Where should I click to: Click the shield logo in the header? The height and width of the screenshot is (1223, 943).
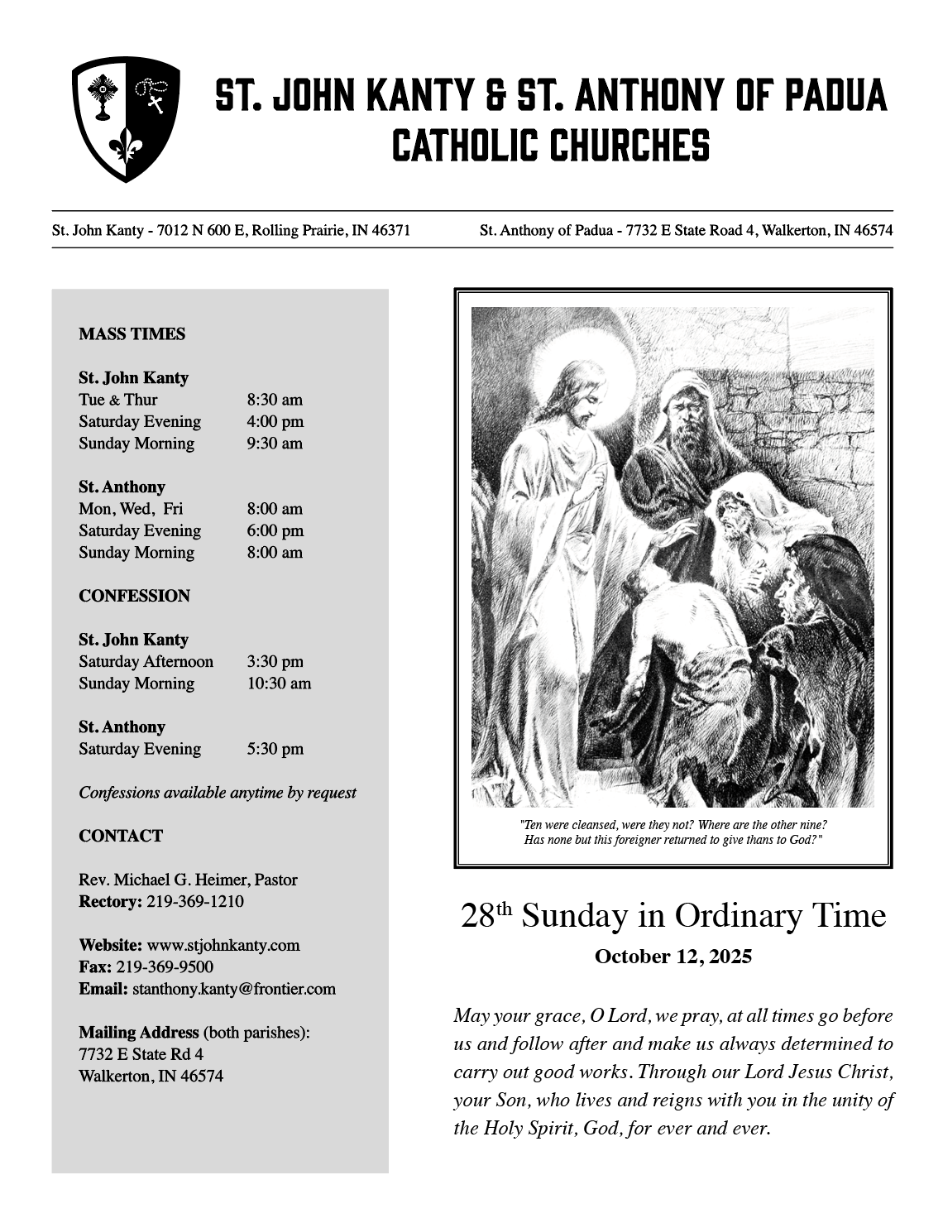tap(126, 119)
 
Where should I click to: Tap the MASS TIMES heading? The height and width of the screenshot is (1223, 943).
tap(132, 334)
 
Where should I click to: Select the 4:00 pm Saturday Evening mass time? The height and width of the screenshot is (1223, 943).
tap(275, 421)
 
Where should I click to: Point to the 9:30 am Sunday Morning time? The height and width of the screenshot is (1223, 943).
tap(275, 444)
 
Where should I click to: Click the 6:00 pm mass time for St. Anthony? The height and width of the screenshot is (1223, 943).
tap(275, 530)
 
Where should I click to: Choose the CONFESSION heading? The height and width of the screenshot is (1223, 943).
tap(134, 596)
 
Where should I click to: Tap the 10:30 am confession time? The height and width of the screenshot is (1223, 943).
tap(279, 683)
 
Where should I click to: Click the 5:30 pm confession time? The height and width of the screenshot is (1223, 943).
tap(275, 749)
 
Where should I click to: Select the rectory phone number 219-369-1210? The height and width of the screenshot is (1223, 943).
tap(195, 901)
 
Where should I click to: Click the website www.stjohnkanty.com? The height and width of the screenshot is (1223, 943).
tap(223, 945)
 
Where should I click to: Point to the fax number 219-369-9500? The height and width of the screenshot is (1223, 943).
tap(165, 966)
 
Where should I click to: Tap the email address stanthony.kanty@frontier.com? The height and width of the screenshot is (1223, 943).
tap(234, 989)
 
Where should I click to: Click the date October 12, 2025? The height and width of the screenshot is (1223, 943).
tap(673, 957)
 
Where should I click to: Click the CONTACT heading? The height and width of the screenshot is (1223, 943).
tap(121, 836)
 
